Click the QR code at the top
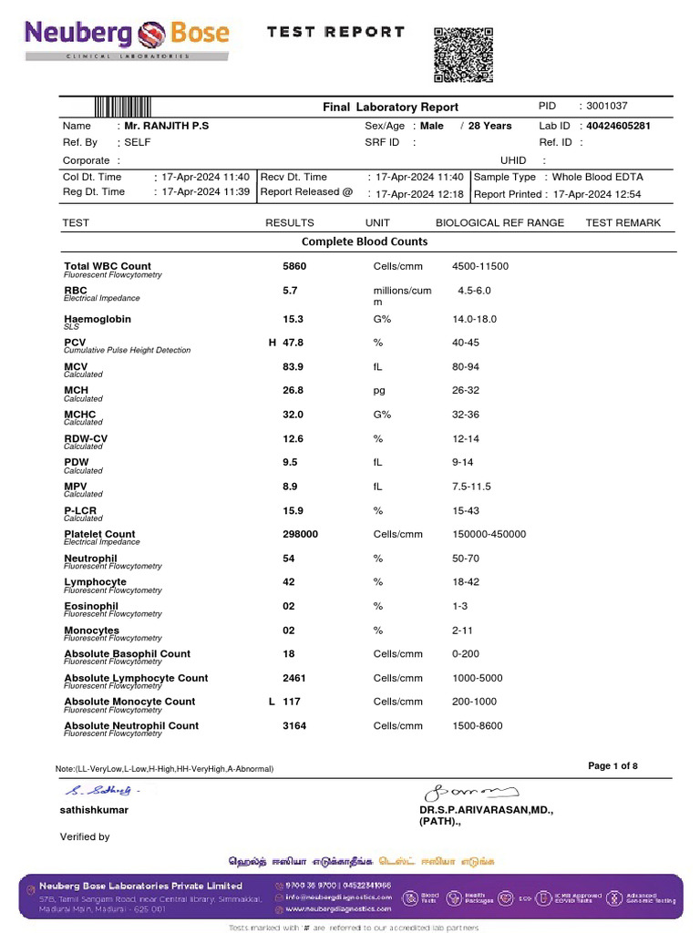(x=462, y=56)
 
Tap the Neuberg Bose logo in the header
(x=127, y=36)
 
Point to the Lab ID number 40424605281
(x=618, y=126)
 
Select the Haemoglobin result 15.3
(x=293, y=320)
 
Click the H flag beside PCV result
(x=272, y=343)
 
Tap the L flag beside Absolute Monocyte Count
(x=272, y=702)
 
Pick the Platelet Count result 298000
(x=301, y=535)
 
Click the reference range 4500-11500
(x=480, y=267)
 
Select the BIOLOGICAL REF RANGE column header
(x=499, y=223)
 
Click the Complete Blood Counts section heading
(x=365, y=242)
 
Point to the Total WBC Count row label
(x=108, y=267)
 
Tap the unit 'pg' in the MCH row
(x=380, y=391)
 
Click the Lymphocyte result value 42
(x=290, y=582)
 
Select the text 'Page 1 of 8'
(x=612, y=766)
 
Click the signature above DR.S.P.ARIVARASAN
(x=470, y=791)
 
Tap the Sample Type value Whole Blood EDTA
(x=597, y=177)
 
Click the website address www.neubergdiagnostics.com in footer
(x=338, y=909)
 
